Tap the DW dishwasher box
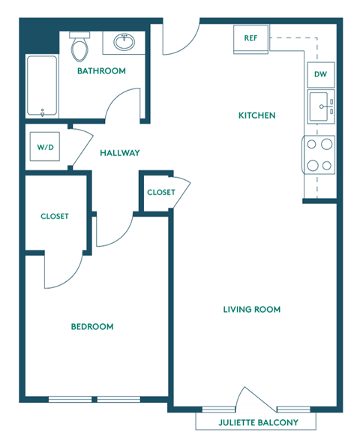[x=320, y=74]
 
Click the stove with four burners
[x=319, y=154]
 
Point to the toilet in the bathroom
[x=79, y=48]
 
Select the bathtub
[x=42, y=86]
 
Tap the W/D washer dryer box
[x=45, y=147]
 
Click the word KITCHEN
[x=257, y=115]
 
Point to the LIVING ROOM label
[x=252, y=309]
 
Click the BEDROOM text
[x=92, y=326]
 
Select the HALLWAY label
[x=120, y=152]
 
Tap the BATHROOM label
[x=101, y=71]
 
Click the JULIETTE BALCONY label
[x=258, y=422]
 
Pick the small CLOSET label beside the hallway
[x=160, y=193]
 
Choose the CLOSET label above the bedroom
[x=55, y=216]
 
